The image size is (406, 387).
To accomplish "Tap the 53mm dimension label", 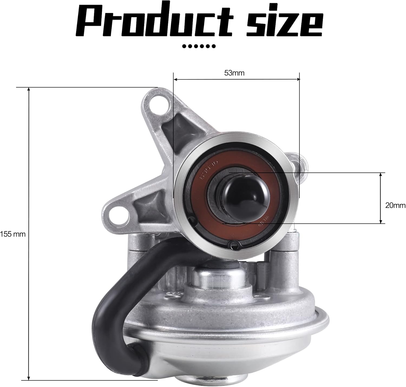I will (x=234, y=73).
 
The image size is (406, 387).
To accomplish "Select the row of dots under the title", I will (x=199, y=46).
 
